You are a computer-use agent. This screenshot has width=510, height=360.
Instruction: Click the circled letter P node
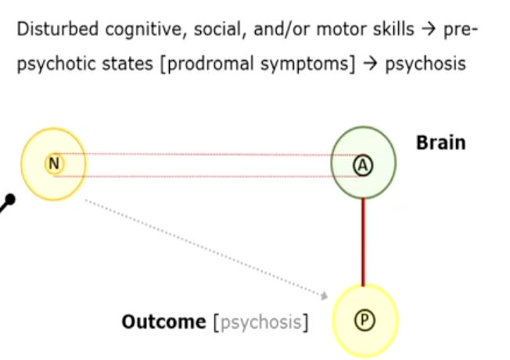pos(365,319)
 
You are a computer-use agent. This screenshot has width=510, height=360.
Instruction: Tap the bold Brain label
pos(440,142)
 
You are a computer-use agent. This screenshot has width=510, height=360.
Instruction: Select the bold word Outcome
pos(163,321)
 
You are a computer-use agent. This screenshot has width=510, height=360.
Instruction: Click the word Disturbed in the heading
pos(52,31)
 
